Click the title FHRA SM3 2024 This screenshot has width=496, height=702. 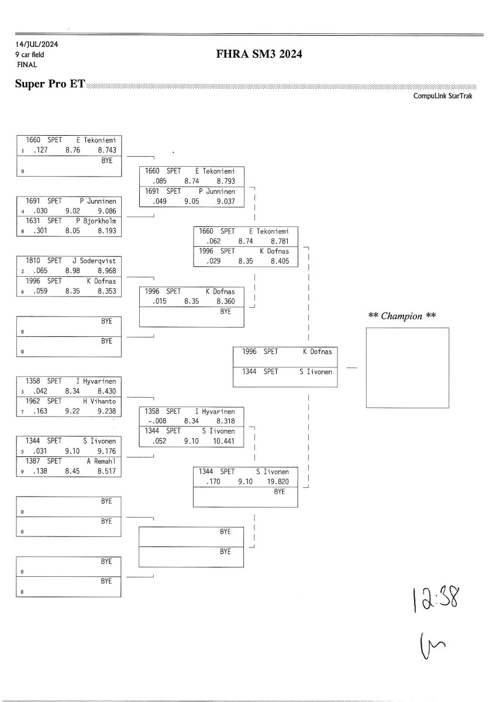pyautogui.click(x=259, y=55)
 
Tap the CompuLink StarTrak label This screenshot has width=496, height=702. pyautogui.click(x=444, y=97)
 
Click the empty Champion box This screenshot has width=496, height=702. pyautogui.click(x=407, y=367)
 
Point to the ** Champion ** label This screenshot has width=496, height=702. pyautogui.click(x=402, y=316)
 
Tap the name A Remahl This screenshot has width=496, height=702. pyautogui.click(x=101, y=460)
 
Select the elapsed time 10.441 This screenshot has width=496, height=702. pyautogui.click(x=223, y=441)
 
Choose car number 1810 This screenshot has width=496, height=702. pyautogui.click(x=33, y=260)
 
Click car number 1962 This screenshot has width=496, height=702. pyautogui.click(x=33, y=401)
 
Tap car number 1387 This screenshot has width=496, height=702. pyautogui.click(x=33, y=460)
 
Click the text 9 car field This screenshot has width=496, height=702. pyautogui.click(x=30, y=54)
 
